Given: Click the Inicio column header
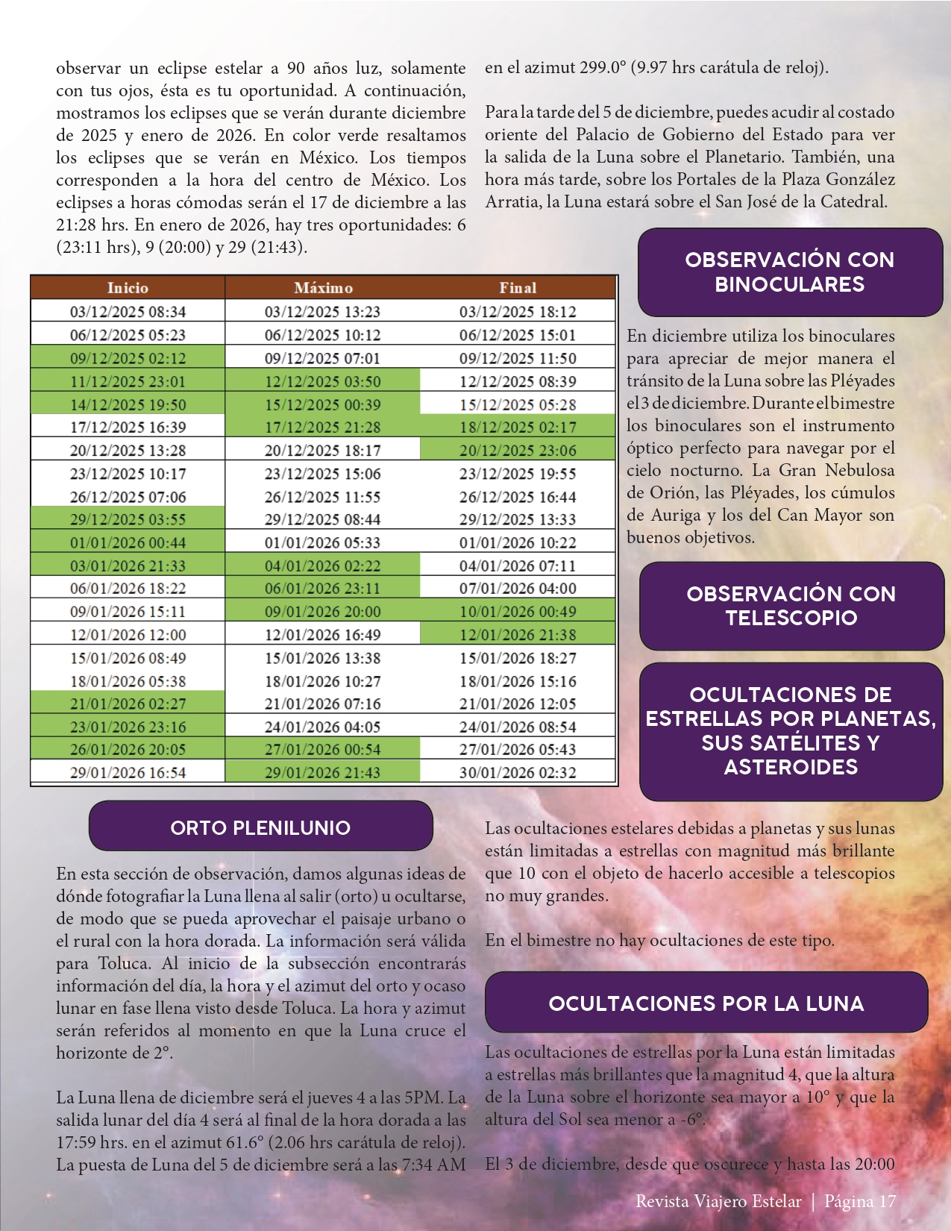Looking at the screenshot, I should [128, 288].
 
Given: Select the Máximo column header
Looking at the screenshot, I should [323, 288].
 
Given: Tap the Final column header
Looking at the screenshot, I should [518, 288].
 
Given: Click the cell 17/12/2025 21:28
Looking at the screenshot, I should [322, 427].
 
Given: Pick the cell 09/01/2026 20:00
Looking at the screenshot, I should [322, 612].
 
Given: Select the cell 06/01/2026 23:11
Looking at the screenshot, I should [322, 589].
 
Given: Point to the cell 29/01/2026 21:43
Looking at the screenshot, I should [322, 773].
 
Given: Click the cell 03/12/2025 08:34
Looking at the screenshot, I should [128, 312].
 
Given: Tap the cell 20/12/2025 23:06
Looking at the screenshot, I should [518, 451].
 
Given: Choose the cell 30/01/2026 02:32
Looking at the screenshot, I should [518, 773].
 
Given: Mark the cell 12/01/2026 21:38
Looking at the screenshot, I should [518, 635].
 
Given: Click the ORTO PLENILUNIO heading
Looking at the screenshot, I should [260, 827].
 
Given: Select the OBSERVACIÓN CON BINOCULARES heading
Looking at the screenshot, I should [790, 272].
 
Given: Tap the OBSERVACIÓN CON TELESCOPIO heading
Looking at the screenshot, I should [791, 606].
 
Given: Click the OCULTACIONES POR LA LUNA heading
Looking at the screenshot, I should [706, 1003].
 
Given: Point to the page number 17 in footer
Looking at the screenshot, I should [887, 1202].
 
